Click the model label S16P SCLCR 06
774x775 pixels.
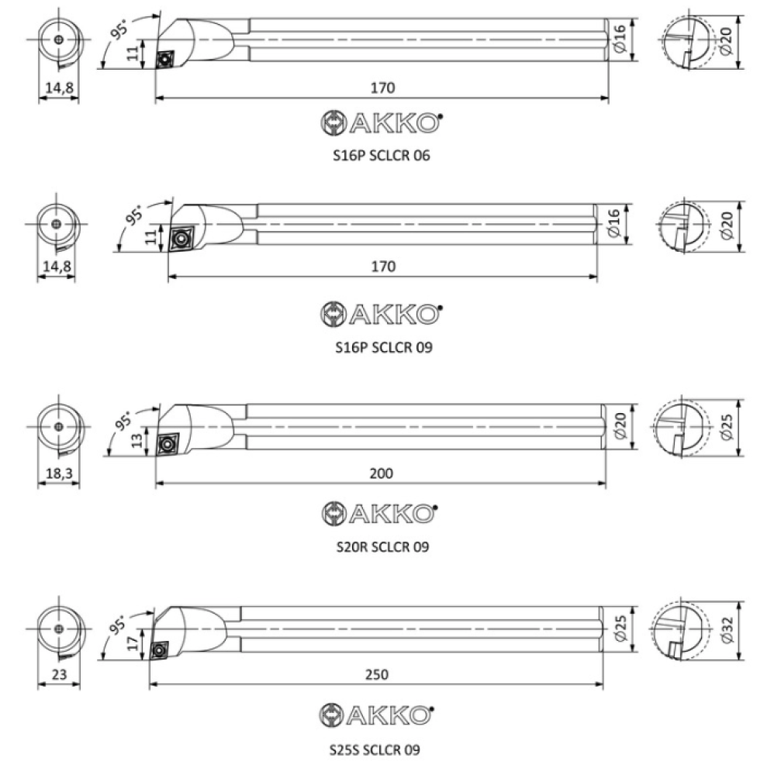pyautogui.click(x=382, y=156)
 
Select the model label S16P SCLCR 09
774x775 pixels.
pyautogui.click(x=384, y=347)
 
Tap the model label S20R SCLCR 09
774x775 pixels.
pyautogui.click(x=383, y=547)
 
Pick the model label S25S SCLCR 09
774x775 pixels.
pyautogui.click(x=375, y=749)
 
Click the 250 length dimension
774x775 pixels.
pyautogui.click(x=376, y=674)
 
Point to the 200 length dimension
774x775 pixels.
pyautogui.click(x=382, y=474)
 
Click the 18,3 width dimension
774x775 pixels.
pyautogui.click(x=59, y=474)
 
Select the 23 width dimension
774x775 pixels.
pyautogui.click(x=59, y=674)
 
